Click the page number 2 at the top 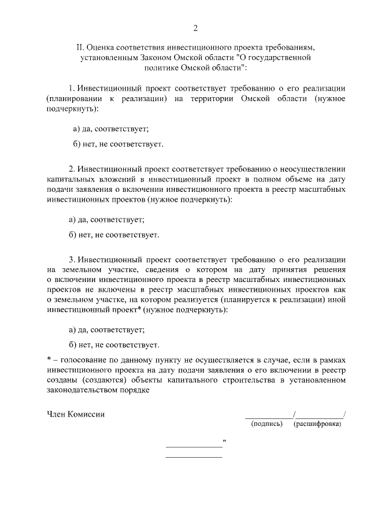coord(195,28)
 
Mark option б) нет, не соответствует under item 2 coord(113,235)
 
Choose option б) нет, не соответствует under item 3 coord(113,345)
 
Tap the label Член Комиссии coord(76,414)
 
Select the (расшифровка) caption coord(317,425)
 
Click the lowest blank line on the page coord(194,457)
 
